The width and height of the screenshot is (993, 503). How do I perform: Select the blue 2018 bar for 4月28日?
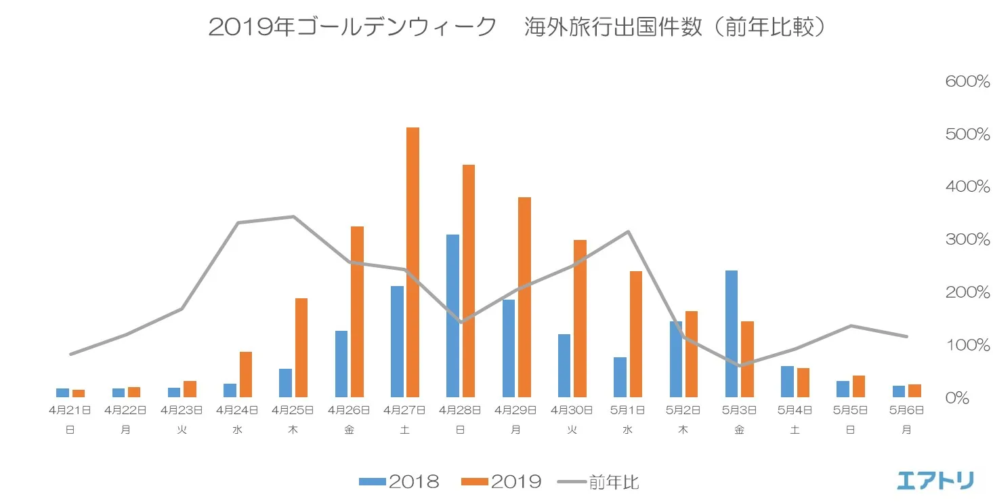click(x=452, y=315)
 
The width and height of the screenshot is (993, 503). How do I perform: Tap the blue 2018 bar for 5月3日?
click(x=731, y=334)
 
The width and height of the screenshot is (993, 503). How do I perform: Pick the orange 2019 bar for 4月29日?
click(x=524, y=297)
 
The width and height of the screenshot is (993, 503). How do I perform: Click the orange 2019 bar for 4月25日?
click(x=301, y=347)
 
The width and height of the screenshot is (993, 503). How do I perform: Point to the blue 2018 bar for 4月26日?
click(x=341, y=363)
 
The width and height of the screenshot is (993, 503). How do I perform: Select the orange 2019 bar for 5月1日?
click(x=635, y=334)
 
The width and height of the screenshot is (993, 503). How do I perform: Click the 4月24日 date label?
click(x=237, y=410)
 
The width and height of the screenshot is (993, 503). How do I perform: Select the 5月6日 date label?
click(x=906, y=410)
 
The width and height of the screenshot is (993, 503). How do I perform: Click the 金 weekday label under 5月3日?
click(x=739, y=430)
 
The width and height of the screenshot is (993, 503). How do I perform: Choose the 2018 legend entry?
click(x=399, y=482)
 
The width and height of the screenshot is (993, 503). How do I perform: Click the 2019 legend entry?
click(x=502, y=482)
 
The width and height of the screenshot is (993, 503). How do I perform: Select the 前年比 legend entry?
click(x=598, y=482)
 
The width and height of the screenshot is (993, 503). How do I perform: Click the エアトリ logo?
click(x=935, y=480)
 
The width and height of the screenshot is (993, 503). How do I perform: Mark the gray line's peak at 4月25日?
click(x=293, y=217)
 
